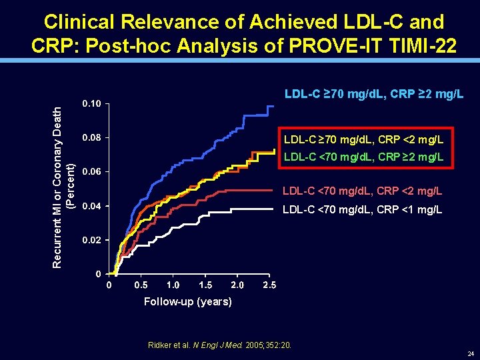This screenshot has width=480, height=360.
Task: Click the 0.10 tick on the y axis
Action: [x=91, y=105]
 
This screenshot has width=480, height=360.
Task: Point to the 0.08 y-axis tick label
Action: [x=91, y=138]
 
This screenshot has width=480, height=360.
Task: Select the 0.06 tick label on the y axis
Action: [x=91, y=172]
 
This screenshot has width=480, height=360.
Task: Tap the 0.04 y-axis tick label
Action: [x=91, y=206]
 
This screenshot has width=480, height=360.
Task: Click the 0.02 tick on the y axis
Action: [x=91, y=240]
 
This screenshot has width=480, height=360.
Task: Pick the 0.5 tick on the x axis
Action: [x=141, y=285]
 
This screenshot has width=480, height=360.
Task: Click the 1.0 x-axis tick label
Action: [x=173, y=285]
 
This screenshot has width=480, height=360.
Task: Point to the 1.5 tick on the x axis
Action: [x=205, y=285]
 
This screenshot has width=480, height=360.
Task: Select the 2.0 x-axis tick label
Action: [x=237, y=285]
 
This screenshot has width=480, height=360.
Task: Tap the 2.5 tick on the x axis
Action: [x=269, y=285]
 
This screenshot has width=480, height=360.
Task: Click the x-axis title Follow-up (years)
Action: [x=188, y=302]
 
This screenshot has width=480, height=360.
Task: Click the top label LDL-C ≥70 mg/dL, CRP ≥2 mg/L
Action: [x=374, y=94]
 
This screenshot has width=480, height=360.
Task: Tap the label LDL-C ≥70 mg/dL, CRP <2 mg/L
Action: [x=364, y=140]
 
